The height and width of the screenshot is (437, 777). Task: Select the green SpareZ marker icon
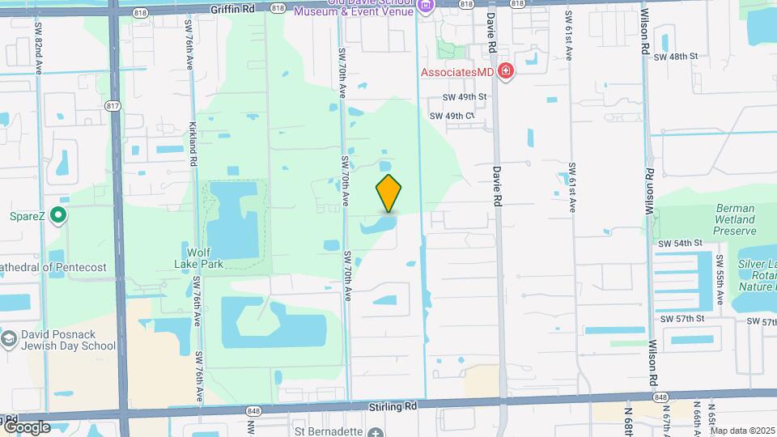pyautogui.click(x=57, y=216)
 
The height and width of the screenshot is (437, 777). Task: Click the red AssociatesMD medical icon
pyautogui.click(x=507, y=72)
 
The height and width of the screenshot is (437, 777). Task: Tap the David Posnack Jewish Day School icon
pyautogui.click(x=10, y=338)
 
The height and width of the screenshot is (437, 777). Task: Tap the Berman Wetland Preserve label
pyautogui.click(x=735, y=219)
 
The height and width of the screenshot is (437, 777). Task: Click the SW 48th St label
pyautogui.click(x=675, y=57)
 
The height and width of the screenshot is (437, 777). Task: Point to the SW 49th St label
pyautogui.click(x=464, y=97)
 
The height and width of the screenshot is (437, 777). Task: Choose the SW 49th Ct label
pyautogui.click(x=451, y=116)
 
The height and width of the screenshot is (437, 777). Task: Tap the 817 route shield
pyautogui.click(x=113, y=104)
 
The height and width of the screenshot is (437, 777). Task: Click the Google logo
pyautogui.click(x=27, y=426)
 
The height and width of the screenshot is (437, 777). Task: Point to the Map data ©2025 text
pyautogui.click(x=741, y=431)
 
